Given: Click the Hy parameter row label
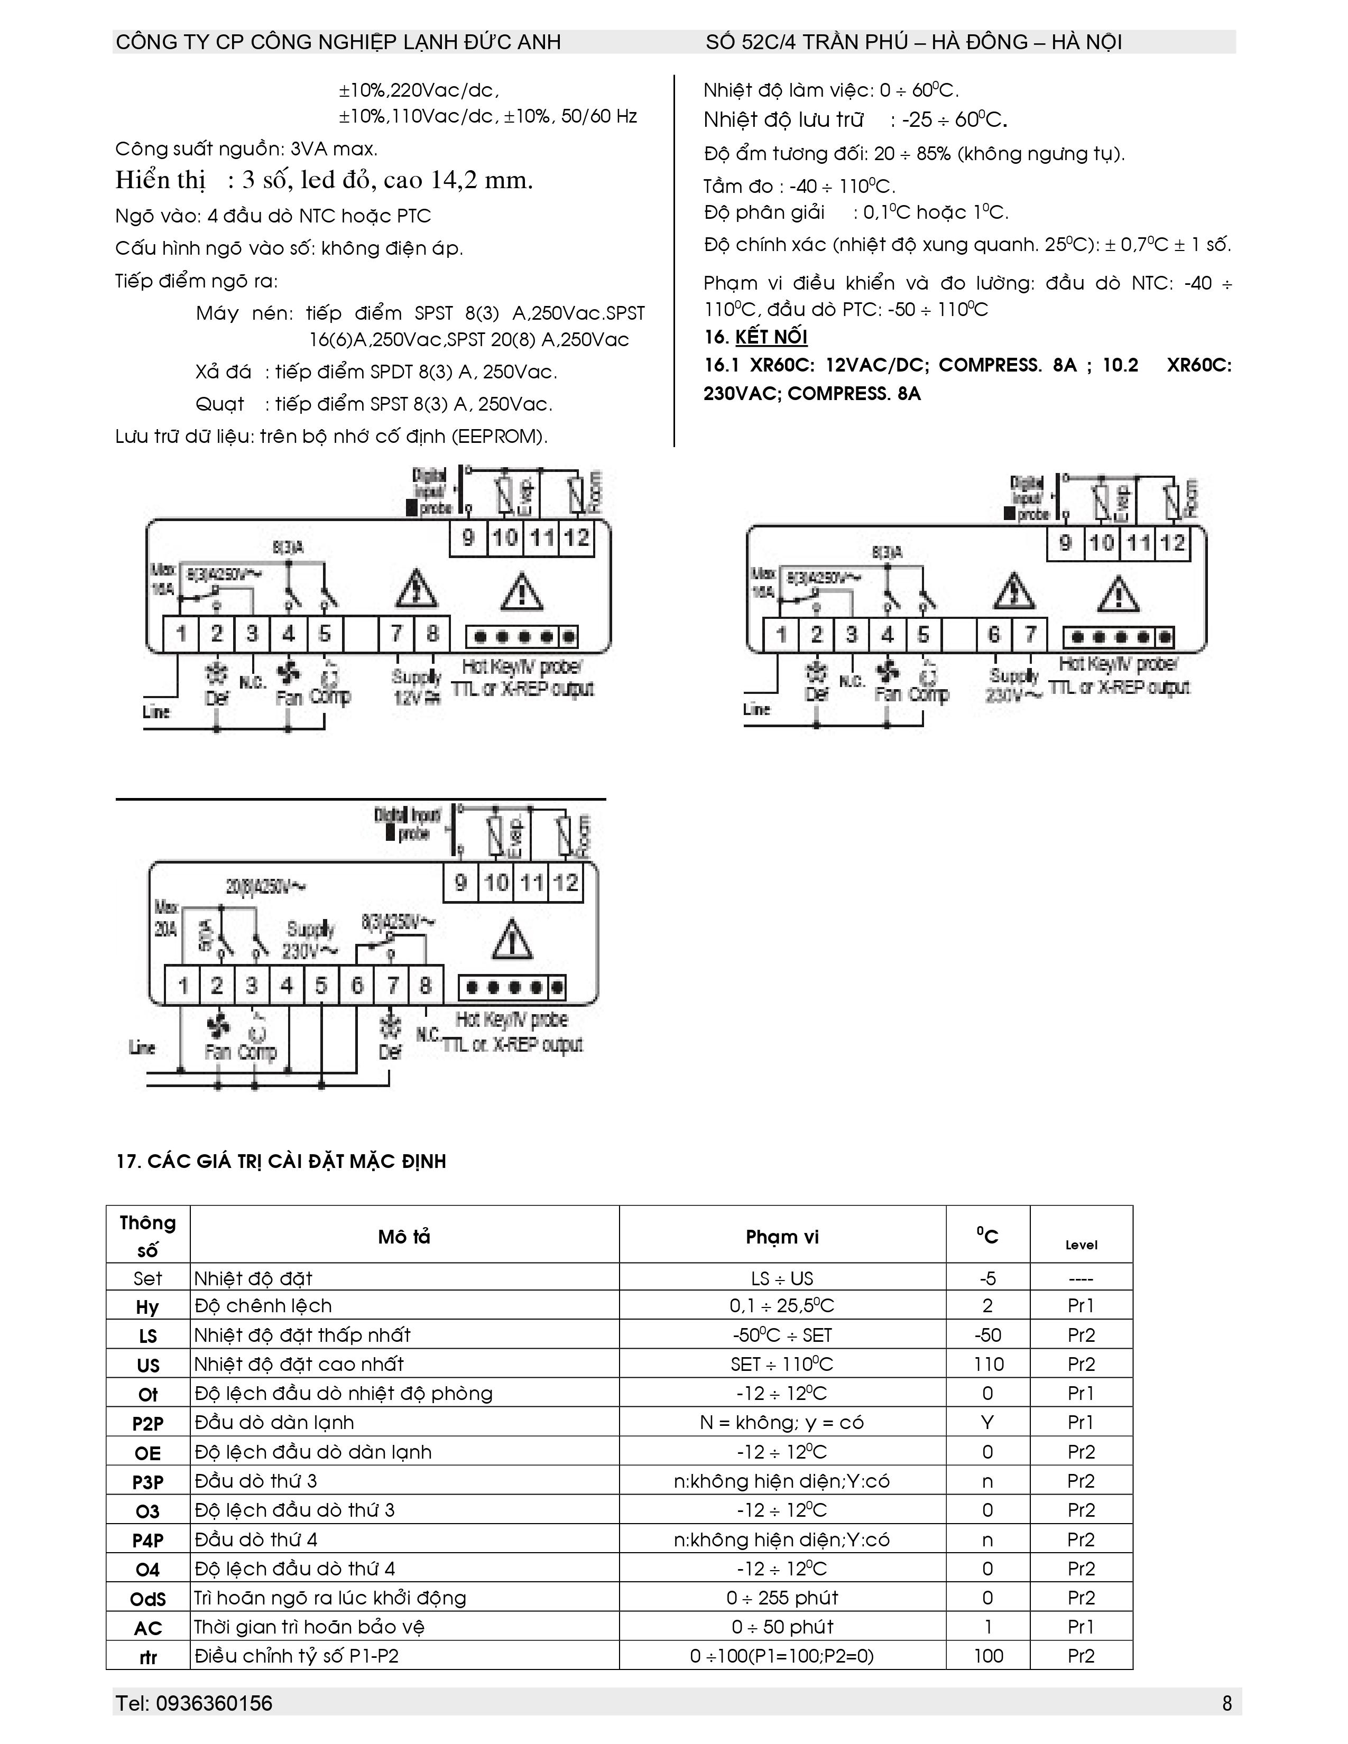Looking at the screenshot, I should pyautogui.click(x=147, y=1307).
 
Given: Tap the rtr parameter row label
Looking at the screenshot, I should pyautogui.click(x=147, y=1657).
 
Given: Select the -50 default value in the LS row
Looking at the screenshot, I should pyautogui.click(x=988, y=1335).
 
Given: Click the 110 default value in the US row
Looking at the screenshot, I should pyautogui.click(x=988, y=1364).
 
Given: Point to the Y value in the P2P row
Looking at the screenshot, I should pyautogui.click(x=988, y=1422).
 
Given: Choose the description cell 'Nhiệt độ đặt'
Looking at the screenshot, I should pyautogui.click(x=253, y=1278).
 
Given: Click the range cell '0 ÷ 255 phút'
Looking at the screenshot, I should pyautogui.click(x=782, y=1597).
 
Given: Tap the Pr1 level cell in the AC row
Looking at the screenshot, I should pyautogui.click(x=1081, y=1627).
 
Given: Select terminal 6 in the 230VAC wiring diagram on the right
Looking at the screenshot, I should pyautogui.click(x=993, y=635).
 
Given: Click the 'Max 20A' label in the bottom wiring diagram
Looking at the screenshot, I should pyautogui.click(x=166, y=919).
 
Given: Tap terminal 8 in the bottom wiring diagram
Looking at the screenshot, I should pyautogui.click(x=426, y=986).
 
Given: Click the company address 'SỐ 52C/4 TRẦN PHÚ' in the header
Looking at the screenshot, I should pyautogui.click(x=807, y=42).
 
